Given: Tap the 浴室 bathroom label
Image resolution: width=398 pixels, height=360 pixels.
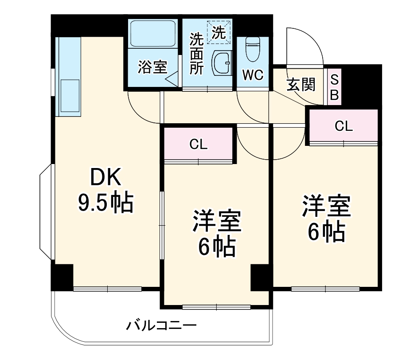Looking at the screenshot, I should [x=152, y=67].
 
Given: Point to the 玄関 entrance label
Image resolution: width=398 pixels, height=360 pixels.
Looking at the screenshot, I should [x=301, y=84].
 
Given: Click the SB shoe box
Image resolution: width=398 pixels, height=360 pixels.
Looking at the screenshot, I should [x=335, y=87].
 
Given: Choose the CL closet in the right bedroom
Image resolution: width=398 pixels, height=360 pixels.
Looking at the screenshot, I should [x=343, y=126].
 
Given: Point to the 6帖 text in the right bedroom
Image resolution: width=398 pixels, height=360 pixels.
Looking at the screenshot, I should [x=327, y=231].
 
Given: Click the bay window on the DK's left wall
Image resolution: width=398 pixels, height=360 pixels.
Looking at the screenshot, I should [x=46, y=213].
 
